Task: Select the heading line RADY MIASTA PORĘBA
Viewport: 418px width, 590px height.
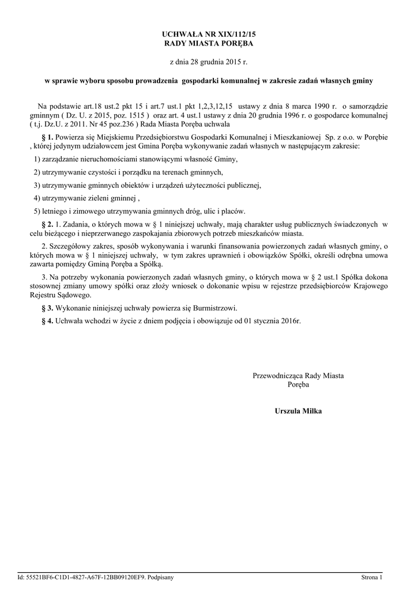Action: pos(209,43)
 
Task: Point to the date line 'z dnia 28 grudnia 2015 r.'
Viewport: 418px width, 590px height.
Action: pos(209,62)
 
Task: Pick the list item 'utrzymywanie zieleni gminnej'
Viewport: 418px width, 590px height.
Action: pos(86,198)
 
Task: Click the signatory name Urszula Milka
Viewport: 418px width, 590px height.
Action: pos(298,411)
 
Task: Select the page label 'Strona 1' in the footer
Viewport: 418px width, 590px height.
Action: pos(372,577)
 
